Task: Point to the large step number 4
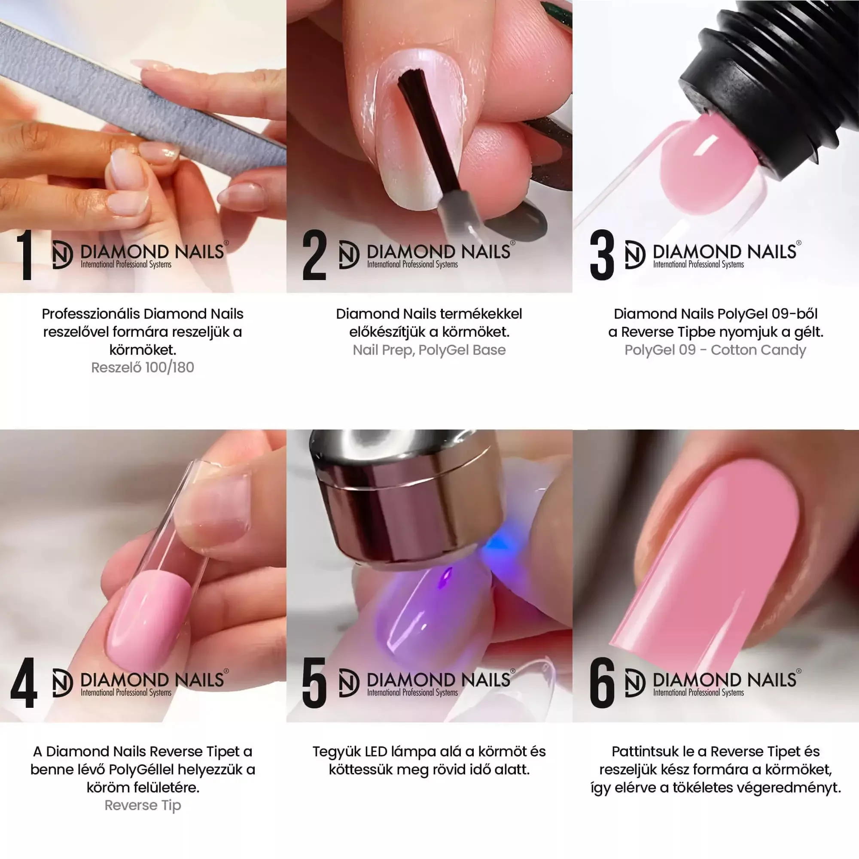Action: [x=24, y=683]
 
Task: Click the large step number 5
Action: [x=314, y=683]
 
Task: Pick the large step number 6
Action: [x=602, y=683]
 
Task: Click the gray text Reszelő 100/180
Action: [x=143, y=367]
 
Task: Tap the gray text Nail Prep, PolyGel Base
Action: [x=429, y=350]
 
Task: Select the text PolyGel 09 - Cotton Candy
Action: [x=716, y=350]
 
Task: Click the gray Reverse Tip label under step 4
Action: [x=143, y=805]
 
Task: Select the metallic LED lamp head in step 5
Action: [x=407, y=498]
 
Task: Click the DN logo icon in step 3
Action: [x=635, y=255]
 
